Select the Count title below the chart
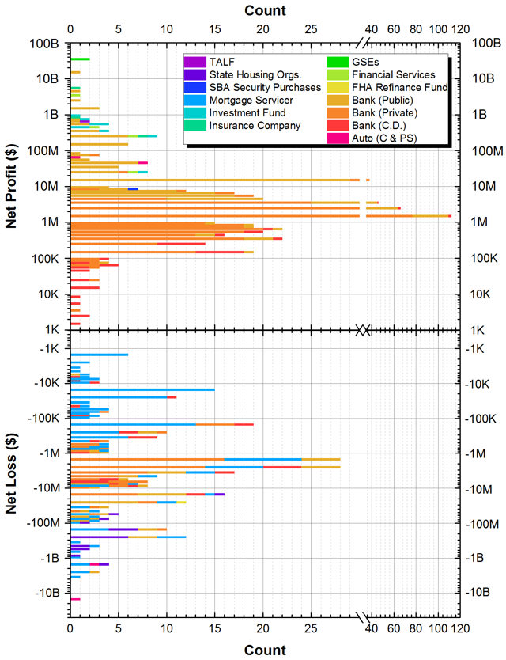point(265,650)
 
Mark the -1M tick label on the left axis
point(49,453)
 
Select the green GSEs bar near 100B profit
point(80,59)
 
